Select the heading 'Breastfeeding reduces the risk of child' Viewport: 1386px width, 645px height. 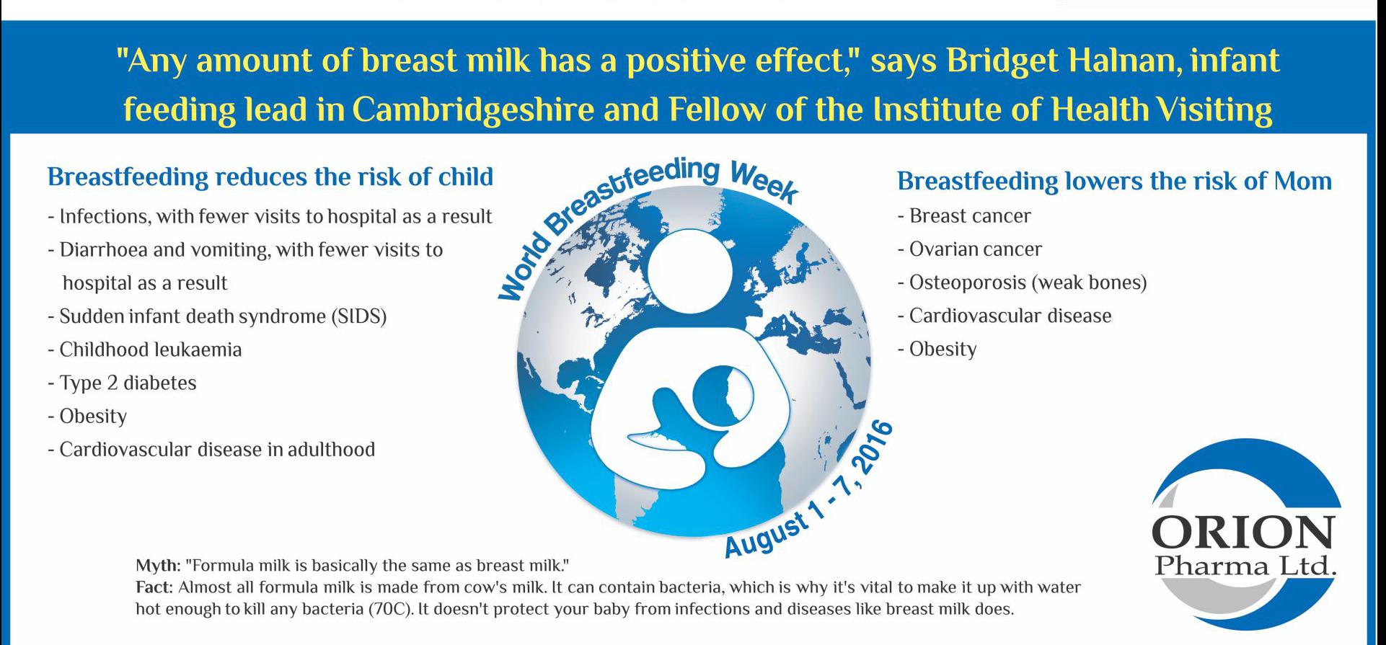270,177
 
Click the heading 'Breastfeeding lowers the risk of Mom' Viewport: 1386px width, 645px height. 1114,181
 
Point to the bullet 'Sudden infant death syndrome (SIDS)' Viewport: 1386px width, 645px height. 218,316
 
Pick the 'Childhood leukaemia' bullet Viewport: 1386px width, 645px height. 145,350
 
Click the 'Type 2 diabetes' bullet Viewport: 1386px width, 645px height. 123,383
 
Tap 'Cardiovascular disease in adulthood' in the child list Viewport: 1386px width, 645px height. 212,450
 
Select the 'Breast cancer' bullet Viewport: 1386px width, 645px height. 964,216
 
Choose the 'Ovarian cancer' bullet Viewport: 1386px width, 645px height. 970,249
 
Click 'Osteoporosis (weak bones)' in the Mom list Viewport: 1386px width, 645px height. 1022,283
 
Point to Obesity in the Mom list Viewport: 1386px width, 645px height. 937,350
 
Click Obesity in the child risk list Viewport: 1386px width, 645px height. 87,417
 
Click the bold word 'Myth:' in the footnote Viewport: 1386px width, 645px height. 158,566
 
